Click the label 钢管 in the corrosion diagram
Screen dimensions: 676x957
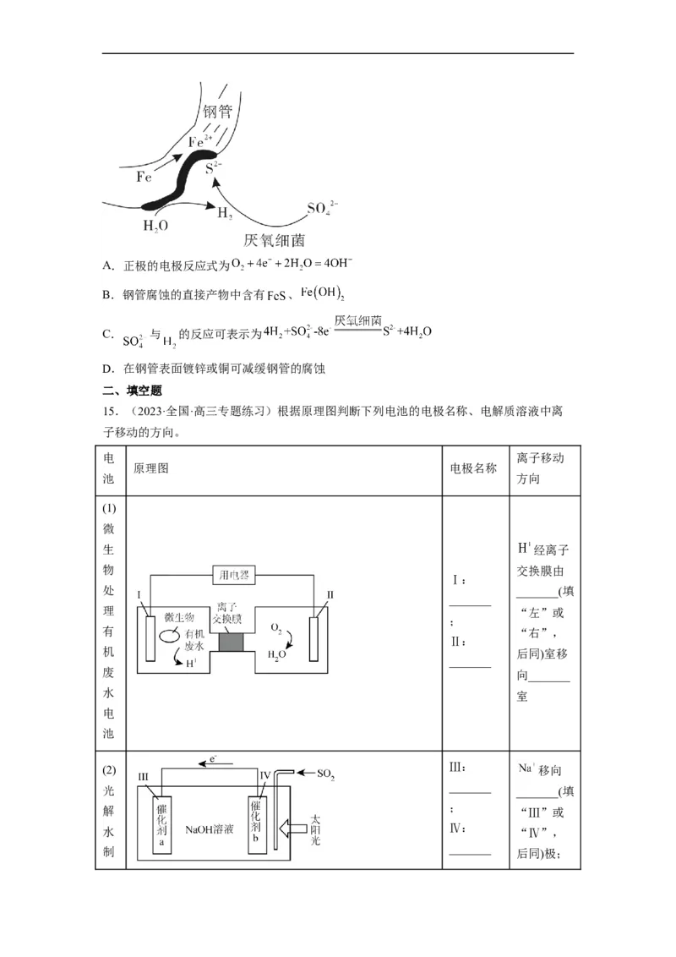point(217,112)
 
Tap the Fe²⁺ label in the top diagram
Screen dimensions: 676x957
point(199,142)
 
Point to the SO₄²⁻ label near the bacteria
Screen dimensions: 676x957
point(322,208)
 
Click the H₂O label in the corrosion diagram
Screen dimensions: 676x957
point(155,226)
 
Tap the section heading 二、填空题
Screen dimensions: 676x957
point(132,391)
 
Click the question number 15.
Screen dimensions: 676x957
point(109,412)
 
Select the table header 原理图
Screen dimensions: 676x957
point(151,468)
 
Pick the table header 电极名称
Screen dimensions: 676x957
point(473,468)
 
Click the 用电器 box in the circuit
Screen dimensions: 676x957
point(232,576)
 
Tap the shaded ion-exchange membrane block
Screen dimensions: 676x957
point(232,640)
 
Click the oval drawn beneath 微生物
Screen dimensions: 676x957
point(172,633)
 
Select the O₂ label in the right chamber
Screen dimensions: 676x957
point(276,628)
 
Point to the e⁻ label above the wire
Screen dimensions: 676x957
point(213,761)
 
